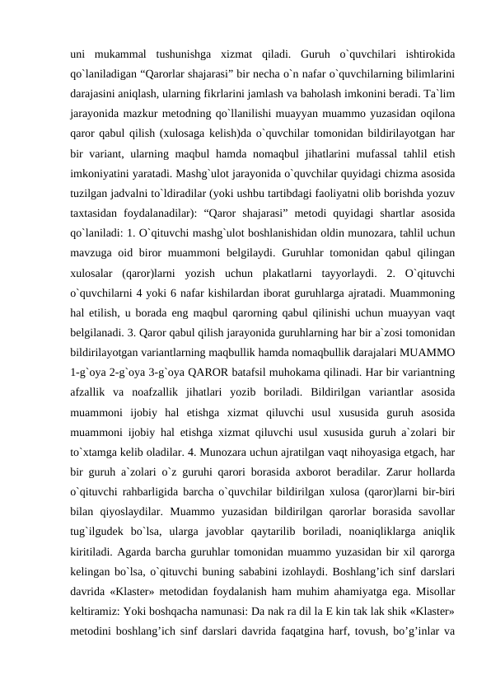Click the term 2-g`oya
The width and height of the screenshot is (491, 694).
(x=133, y=383)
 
